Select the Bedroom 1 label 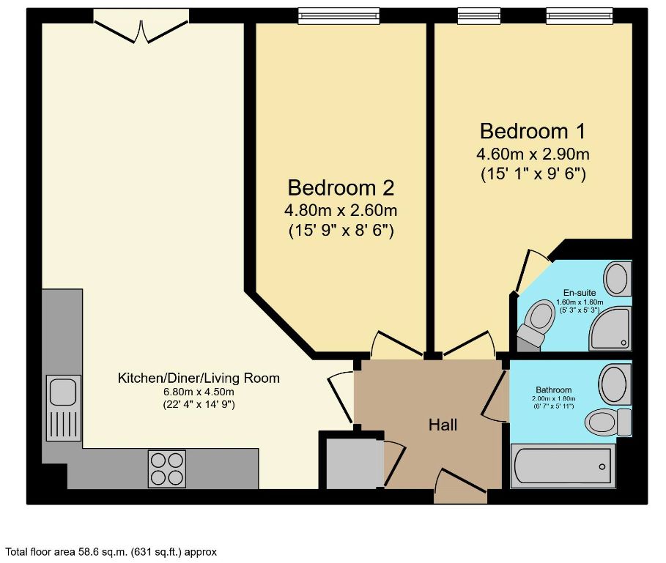point(533,132)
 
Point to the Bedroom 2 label point(341,188)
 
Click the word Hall point(443,425)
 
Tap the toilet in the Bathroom point(607,422)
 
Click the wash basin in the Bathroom point(613,381)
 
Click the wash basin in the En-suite point(617,279)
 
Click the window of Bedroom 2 point(338,15)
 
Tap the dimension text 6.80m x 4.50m point(199,392)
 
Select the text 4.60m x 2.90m point(533,154)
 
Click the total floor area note point(111,552)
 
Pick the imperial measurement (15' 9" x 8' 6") point(341,231)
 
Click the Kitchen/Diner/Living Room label point(199,379)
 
